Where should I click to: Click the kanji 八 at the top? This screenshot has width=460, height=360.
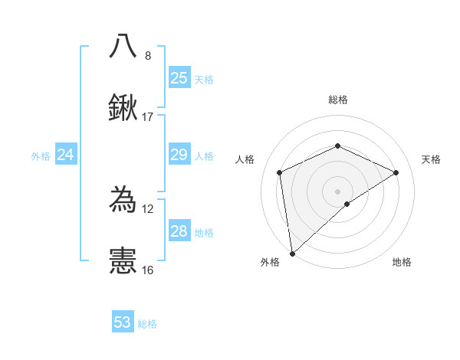point(123,47)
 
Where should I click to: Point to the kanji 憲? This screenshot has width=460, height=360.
point(123,261)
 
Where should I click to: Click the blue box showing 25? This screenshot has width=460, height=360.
point(179,77)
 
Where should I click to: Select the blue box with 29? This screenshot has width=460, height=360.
point(179,155)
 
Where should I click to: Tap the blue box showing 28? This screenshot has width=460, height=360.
point(179,231)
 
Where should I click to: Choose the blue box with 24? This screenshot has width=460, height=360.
point(66,155)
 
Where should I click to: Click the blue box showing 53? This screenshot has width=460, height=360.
point(123,322)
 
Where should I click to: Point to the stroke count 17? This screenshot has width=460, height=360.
point(148,117)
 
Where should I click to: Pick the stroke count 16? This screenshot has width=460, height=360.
point(148,270)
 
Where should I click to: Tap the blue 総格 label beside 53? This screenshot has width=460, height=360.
point(147,324)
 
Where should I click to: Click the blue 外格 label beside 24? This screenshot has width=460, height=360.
point(41,156)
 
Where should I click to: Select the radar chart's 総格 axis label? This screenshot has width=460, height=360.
point(338,100)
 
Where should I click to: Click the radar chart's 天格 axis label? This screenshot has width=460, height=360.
point(431,159)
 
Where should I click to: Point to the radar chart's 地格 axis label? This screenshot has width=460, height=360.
point(402,262)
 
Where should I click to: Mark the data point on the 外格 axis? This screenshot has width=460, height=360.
point(291,254)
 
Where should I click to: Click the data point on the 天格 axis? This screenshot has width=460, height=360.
point(396,172)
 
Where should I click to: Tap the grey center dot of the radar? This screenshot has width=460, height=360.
point(337,191)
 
